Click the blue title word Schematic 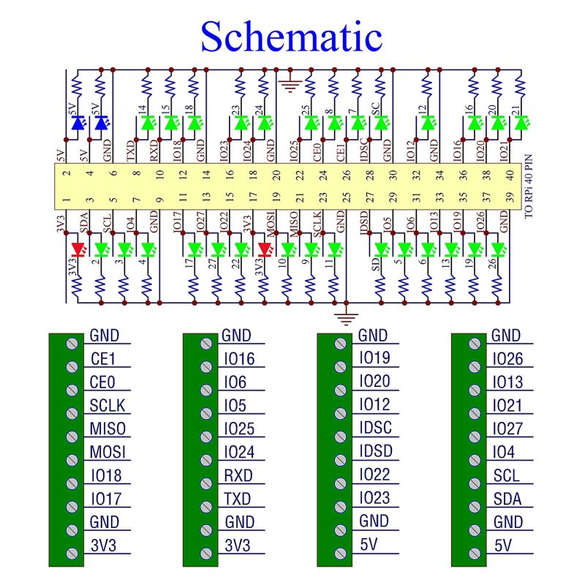tap(291, 37)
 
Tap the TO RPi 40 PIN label tap(529, 186)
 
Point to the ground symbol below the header tap(345, 317)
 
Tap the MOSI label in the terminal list tap(108, 452)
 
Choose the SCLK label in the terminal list tap(108, 405)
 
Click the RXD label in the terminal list tap(238, 475)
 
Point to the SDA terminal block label tap(506, 499)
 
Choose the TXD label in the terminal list tap(238, 499)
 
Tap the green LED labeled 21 tap(520, 124)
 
